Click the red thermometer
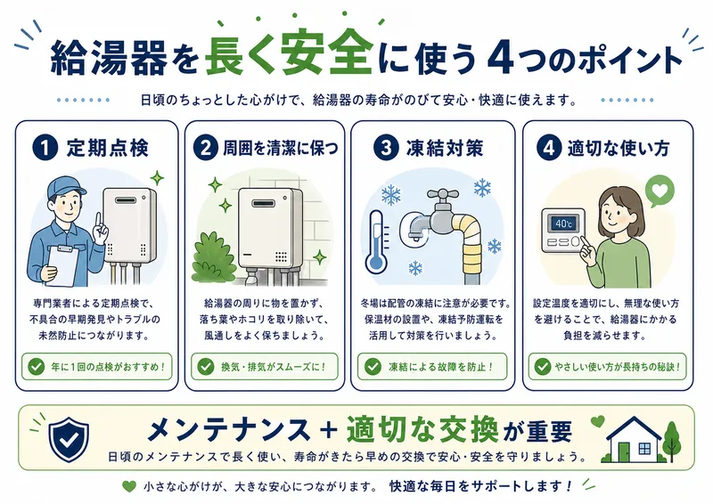pyautogui.click(x=374, y=238)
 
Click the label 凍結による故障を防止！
pyautogui.click(x=434, y=365)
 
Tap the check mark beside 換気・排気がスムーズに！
pyautogui.click(x=206, y=365)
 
